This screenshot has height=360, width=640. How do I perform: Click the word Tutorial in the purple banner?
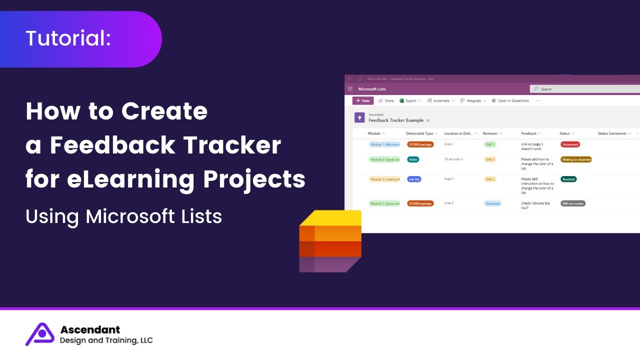68,38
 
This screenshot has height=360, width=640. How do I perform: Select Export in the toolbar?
410,100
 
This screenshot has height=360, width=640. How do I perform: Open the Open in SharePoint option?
513,100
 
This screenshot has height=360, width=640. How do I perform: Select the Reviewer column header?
490,133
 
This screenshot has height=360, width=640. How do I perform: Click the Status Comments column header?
612,133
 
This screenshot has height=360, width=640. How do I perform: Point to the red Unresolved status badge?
570,144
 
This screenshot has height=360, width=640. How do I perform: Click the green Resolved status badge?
568,179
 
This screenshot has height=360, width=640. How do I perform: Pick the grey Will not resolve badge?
573,203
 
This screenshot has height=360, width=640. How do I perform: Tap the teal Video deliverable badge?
413,159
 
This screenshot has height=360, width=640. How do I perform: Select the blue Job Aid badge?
414,179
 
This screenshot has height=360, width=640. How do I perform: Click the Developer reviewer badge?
492,203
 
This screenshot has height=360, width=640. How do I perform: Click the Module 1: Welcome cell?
384,144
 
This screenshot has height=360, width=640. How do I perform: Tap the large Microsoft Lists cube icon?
330,241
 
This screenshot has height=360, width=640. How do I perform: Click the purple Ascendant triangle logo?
40,334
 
